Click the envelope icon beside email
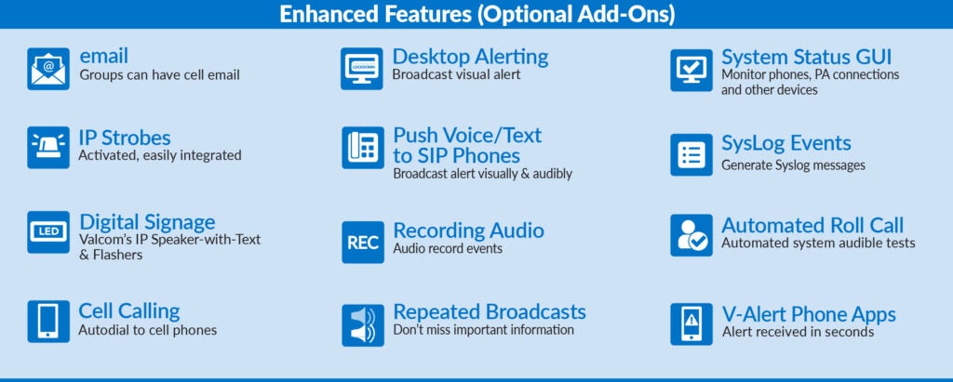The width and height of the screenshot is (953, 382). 48,69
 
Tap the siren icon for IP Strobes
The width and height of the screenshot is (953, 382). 48,148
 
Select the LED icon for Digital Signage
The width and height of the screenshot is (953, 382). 48,232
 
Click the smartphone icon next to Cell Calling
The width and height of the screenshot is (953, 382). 48,322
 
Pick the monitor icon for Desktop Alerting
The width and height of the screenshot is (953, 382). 362,69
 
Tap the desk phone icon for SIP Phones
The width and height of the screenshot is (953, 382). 363,148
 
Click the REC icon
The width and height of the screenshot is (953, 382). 363,243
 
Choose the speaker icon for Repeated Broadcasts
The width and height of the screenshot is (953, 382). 363,325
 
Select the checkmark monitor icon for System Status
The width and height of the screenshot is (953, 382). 691,71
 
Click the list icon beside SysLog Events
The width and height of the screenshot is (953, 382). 691,155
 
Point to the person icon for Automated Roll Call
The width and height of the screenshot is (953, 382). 691,235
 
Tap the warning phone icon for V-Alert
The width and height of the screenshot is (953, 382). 691,324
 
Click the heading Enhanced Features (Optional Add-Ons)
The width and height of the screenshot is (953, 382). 476,14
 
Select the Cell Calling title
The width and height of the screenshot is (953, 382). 128,311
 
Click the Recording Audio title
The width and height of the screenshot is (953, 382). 469,231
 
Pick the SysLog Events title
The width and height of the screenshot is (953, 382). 785,144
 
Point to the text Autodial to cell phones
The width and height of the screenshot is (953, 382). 148,330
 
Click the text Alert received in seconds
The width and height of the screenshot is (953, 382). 798,332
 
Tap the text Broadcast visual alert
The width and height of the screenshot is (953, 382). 456,74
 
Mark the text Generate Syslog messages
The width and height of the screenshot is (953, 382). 793,165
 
